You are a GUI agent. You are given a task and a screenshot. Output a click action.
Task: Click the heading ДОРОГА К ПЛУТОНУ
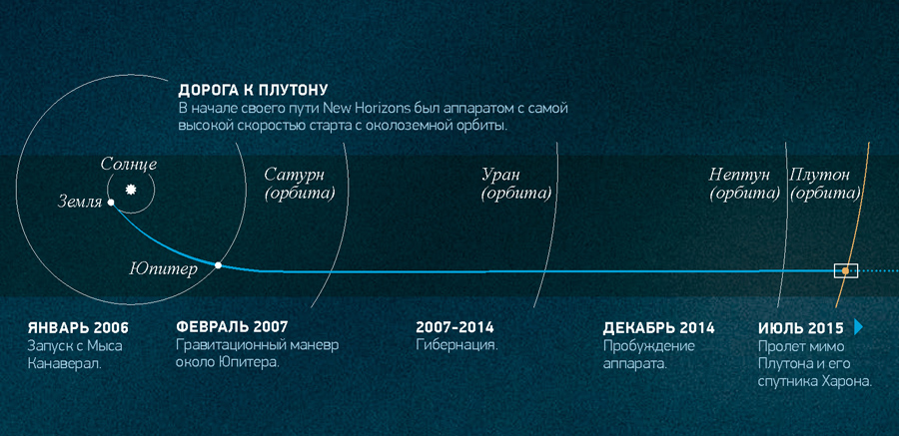click(x=253, y=91)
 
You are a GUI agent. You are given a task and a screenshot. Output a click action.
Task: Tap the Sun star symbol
click(x=131, y=189)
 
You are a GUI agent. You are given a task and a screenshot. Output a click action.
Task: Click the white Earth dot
click(x=111, y=203)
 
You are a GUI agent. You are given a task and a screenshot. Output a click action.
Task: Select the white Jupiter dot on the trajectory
click(x=218, y=265)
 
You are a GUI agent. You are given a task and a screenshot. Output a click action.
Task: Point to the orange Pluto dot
click(x=845, y=270)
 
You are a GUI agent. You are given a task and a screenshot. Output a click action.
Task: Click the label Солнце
click(x=129, y=165)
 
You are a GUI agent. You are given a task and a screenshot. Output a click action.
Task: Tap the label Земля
click(x=80, y=203)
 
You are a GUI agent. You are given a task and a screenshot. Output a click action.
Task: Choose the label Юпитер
click(x=164, y=269)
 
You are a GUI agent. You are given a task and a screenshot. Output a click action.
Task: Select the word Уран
click(x=500, y=175)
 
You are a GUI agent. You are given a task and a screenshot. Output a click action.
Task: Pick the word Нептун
click(x=739, y=175)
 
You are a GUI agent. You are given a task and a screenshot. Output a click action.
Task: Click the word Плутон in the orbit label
click(x=819, y=175)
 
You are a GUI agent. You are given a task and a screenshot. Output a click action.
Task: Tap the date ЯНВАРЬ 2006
click(x=78, y=328)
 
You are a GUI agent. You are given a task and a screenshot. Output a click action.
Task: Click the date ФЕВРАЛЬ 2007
click(x=232, y=327)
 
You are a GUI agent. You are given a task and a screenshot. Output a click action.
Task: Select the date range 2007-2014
click(x=454, y=327)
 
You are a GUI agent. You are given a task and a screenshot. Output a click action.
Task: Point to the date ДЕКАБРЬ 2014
click(x=659, y=328)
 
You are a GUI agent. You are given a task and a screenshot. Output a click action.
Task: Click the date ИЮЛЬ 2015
click(x=801, y=328)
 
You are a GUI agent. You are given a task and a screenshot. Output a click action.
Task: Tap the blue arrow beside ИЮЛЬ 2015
click(x=858, y=327)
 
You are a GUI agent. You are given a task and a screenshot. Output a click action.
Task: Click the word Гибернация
click(x=456, y=346)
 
